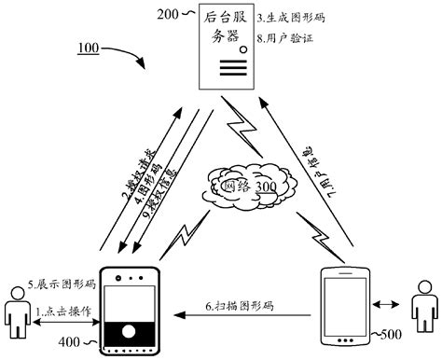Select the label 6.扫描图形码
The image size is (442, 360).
click(241, 307)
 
